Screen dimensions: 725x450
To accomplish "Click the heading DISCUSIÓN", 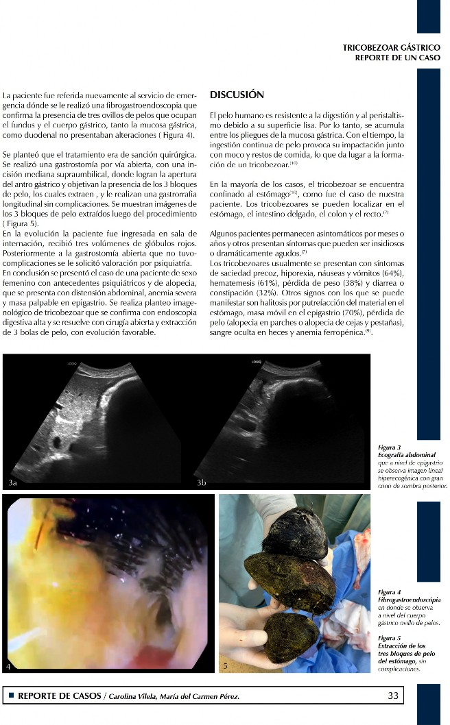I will pos(237,95).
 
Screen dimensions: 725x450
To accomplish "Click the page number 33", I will pos(393,696).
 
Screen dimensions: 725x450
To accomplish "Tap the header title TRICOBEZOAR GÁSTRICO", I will pos(391,48).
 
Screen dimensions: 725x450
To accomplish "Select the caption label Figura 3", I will pos(390,447).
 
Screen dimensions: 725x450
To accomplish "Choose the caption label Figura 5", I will pos(390,638).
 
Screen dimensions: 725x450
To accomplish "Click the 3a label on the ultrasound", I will pos(12,483).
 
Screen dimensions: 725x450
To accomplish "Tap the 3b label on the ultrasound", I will pos(202,483).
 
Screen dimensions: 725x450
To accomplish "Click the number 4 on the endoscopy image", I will pos(8,665).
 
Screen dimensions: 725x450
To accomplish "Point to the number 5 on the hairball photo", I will pos(225,665).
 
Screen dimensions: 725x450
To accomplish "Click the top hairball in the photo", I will pos(295,541).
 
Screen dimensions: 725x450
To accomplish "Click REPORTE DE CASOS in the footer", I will pos(59,696).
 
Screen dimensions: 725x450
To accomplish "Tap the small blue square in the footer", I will pos(10,696).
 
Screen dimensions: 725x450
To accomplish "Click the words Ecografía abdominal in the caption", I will pos(407,455).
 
